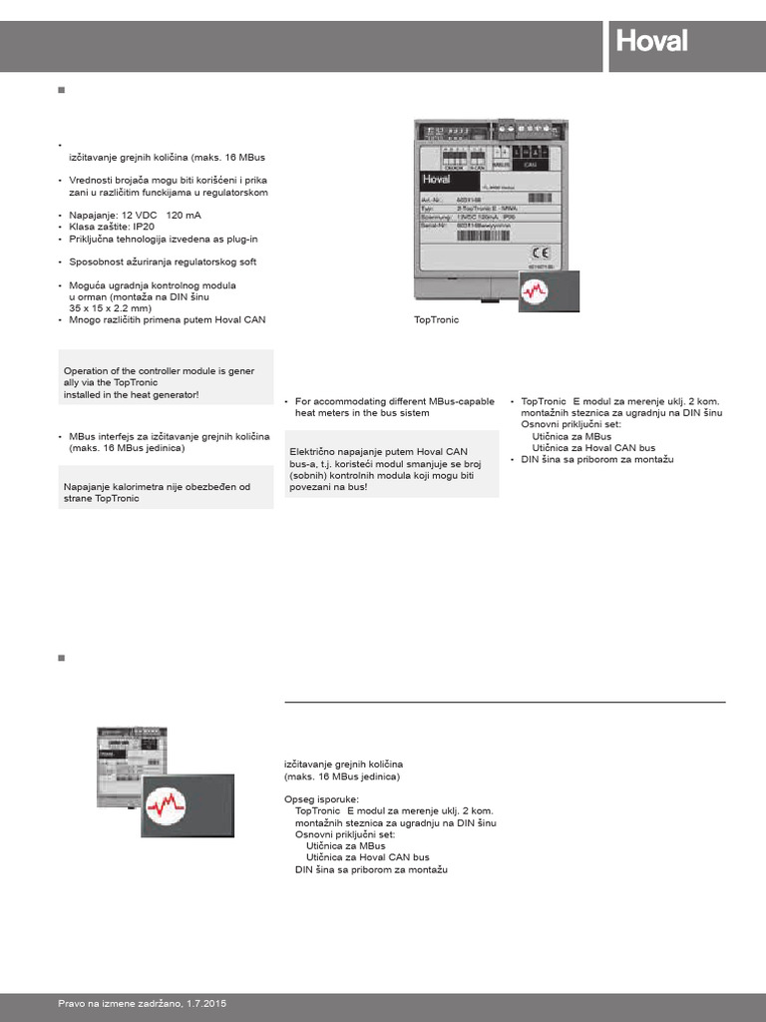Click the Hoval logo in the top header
[x=651, y=43]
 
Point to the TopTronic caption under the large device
[x=436, y=321]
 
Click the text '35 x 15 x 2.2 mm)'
[x=118, y=309]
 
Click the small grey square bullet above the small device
[x=61, y=659]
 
